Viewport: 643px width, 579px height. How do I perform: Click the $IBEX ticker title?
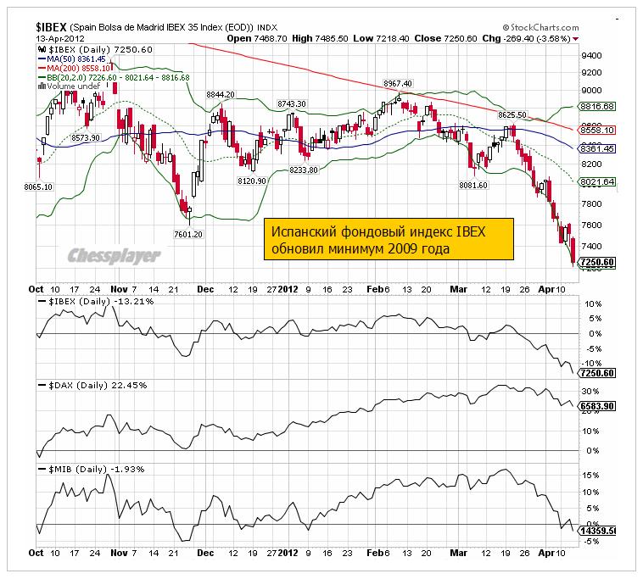pyautogui.click(x=53, y=27)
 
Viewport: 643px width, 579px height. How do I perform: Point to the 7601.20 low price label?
pyautogui.click(x=187, y=235)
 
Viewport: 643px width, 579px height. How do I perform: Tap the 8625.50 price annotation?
pyautogui.click(x=512, y=114)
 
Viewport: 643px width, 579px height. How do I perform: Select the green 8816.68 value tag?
pyautogui.click(x=596, y=106)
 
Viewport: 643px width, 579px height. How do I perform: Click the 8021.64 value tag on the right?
pyautogui.click(x=596, y=182)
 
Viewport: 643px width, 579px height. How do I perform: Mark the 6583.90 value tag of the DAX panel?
pyautogui.click(x=596, y=406)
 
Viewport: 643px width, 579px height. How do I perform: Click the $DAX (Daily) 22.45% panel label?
pyautogui.click(x=94, y=386)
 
